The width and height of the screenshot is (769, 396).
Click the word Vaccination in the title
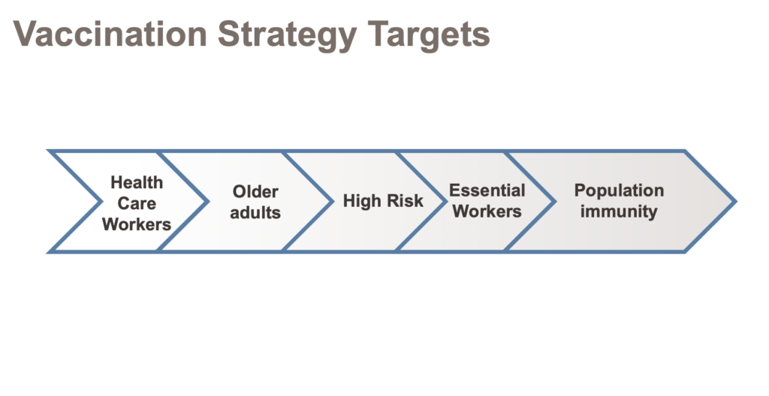click(x=110, y=34)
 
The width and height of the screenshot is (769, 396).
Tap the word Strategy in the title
click(x=288, y=36)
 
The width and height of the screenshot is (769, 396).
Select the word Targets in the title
click(x=429, y=36)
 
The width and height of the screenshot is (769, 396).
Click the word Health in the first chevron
click(x=137, y=182)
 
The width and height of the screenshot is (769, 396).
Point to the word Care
click(x=137, y=203)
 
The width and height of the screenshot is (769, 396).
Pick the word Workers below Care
click(x=137, y=224)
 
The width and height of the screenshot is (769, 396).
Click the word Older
click(x=255, y=191)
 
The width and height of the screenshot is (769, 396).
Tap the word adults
click(x=255, y=212)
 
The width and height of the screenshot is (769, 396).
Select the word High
click(x=360, y=201)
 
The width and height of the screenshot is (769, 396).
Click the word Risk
click(x=403, y=200)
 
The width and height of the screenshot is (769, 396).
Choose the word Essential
click(x=487, y=190)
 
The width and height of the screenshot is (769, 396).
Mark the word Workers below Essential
click(x=487, y=211)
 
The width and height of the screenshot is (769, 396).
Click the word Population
click(x=619, y=190)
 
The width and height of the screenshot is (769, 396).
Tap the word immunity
click(x=619, y=211)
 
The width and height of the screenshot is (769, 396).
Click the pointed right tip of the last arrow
click(x=735, y=201)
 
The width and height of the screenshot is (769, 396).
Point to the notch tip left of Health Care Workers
click(x=101, y=201)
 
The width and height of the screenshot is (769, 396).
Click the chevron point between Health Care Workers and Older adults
click(x=208, y=201)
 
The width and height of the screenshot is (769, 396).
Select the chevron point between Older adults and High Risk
click(x=333, y=201)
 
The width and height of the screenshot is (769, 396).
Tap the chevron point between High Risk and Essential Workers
click(x=446, y=201)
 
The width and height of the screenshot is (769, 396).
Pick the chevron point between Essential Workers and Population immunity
click(x=555, y=201)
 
